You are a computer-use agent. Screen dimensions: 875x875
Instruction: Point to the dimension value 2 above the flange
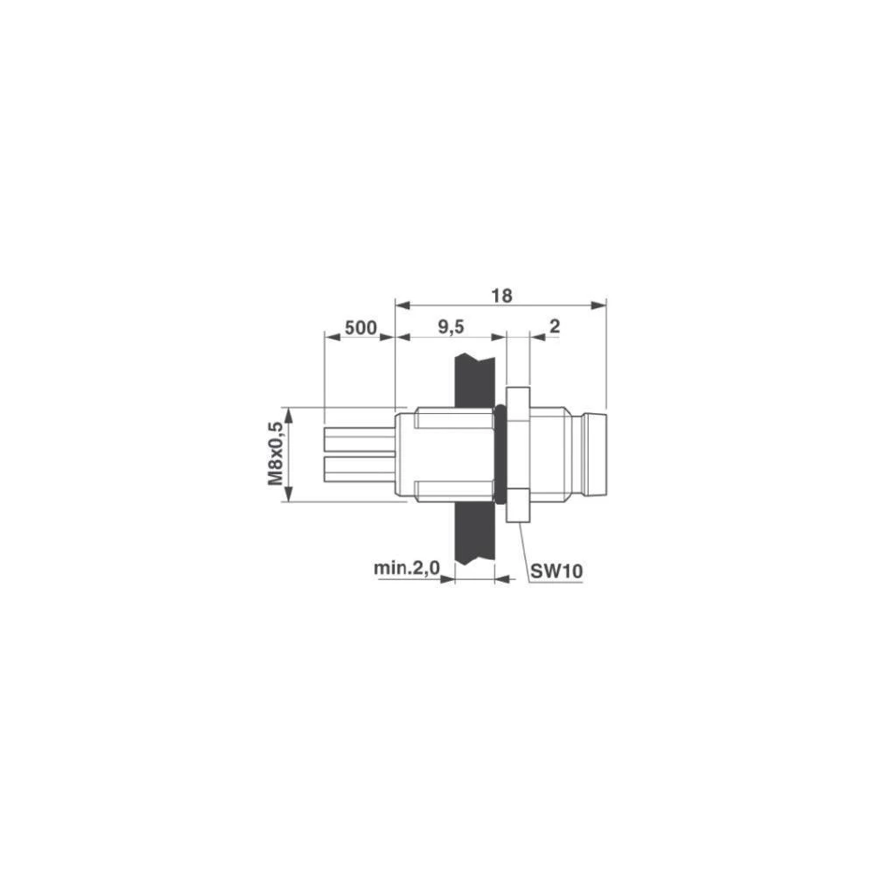point(553,327)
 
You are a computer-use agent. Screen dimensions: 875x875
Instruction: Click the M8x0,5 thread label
point(276,454)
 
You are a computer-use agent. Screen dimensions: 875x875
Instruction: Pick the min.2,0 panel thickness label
point(407,569)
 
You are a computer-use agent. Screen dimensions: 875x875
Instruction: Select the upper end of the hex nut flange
point(517,396)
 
